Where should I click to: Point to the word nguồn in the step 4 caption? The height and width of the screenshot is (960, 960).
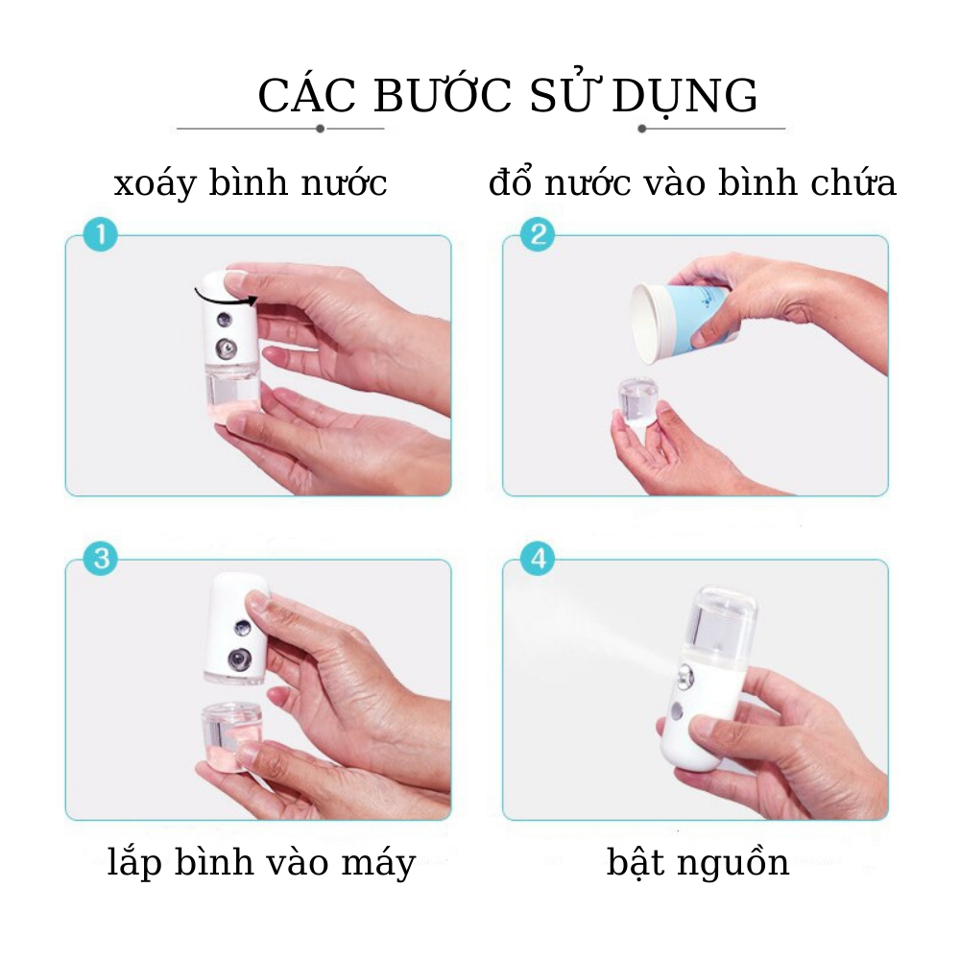pyautogui.click(x=736, y=863)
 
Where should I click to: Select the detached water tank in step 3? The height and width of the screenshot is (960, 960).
pyautogui.click(x=233, y=734)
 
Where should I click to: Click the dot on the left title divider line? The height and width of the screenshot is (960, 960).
pyautogui.click(x=320, y=128)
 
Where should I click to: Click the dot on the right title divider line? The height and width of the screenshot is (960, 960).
pyautogui.click(x=642, y=128)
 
